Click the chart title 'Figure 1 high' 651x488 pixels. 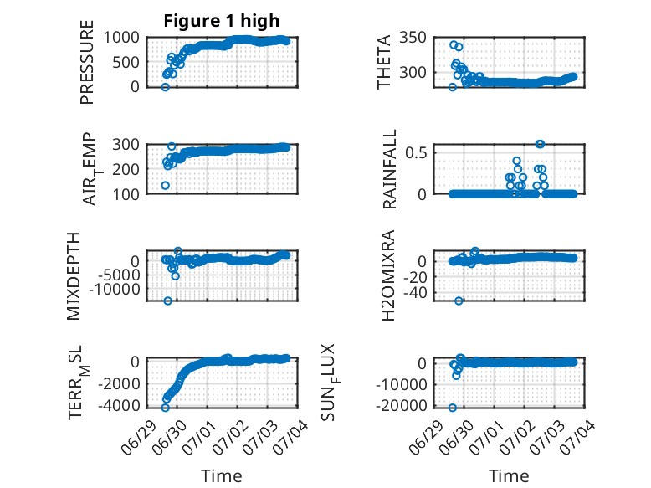(221, 21)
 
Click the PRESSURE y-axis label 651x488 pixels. (87, 62)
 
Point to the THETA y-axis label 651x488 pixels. (384, 62)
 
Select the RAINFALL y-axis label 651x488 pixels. (389, 169)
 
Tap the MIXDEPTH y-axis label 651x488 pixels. (73, 276)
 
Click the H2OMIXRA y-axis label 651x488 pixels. (388, 275)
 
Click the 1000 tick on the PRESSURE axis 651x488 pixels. (121, 38)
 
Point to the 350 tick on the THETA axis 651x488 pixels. (413, 38)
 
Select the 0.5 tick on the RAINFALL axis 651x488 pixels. (416, 152)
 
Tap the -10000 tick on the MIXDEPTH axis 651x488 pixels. (115, 289)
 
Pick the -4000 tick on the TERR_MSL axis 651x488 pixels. (119, 405)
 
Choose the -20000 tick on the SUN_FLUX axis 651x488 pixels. (401, 405)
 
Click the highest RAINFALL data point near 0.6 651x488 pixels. (540, 144)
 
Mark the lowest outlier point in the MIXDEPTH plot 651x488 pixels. (167, 301)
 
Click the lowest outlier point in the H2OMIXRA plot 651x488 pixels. (459, 301)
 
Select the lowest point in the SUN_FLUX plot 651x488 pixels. (453, 408)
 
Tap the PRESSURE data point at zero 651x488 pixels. (165, 87)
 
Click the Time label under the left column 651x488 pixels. (221, 475)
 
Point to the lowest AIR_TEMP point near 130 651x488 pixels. (165, 185)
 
